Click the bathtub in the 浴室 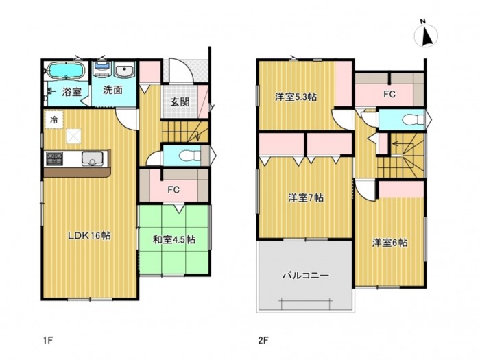(x=66, y=71)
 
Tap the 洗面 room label (x=112, y=90)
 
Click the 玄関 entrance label (x=180, y=101)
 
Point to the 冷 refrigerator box (x=54, y=120)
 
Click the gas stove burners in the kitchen (x=54, y=158)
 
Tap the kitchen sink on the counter (x=92, y=158)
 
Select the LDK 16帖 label (x=89, y=235)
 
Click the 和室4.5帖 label (x=174, y=239)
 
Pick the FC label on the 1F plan (x=173, y=190)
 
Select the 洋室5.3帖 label (x=296, y=97)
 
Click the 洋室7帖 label (x=306, y=197)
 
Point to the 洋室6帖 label (x=389, y=243)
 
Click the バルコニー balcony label (x=306, y=276)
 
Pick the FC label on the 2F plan (x=389, y=94)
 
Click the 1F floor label (x=49, y=340)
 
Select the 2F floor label (x=263, y=340)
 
